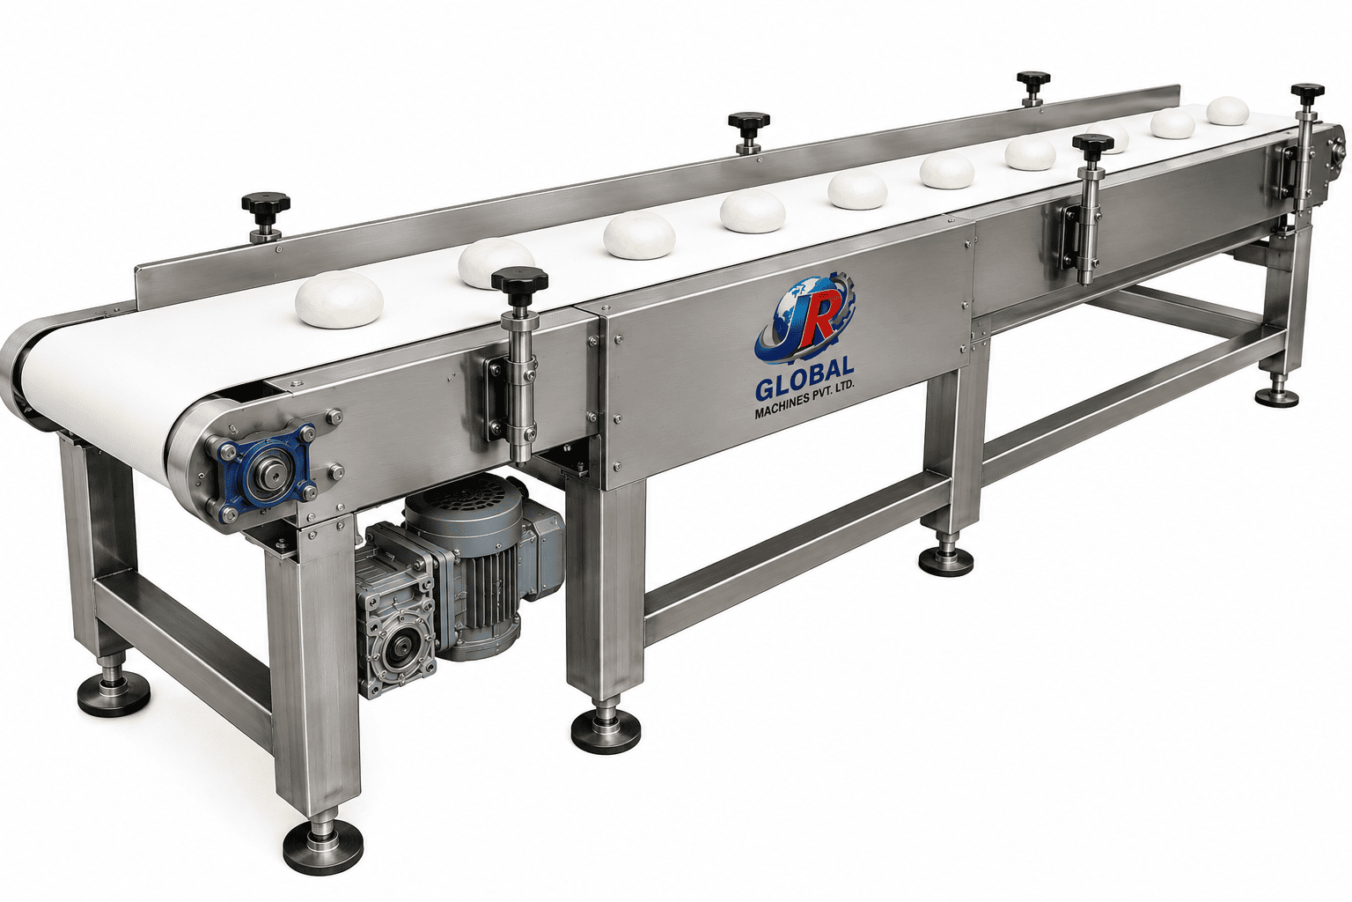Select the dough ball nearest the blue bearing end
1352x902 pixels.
[339, 299]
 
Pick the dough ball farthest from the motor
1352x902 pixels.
[1228, 111]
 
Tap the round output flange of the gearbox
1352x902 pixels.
[399, 649]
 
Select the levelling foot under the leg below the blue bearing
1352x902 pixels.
[323, 844]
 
